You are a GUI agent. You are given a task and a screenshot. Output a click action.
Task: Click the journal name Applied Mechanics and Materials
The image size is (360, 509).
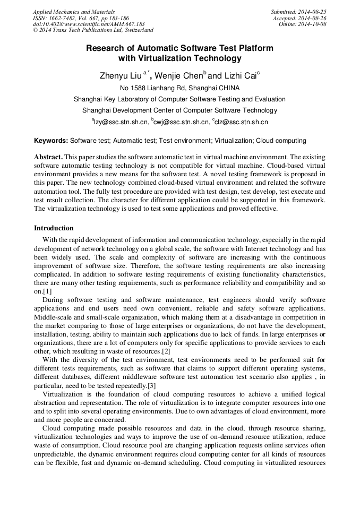74,12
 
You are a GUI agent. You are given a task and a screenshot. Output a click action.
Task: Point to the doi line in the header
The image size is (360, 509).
89,24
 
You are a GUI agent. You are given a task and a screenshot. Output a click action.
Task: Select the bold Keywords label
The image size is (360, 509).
51,141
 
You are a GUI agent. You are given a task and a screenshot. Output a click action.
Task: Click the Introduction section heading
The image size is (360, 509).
54,228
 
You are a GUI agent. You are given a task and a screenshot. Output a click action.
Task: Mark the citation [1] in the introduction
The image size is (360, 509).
47,291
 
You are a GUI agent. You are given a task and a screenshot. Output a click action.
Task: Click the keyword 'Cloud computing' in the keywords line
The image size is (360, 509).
281,141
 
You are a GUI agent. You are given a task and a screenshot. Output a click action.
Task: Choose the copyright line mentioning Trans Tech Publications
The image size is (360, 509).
93,31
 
